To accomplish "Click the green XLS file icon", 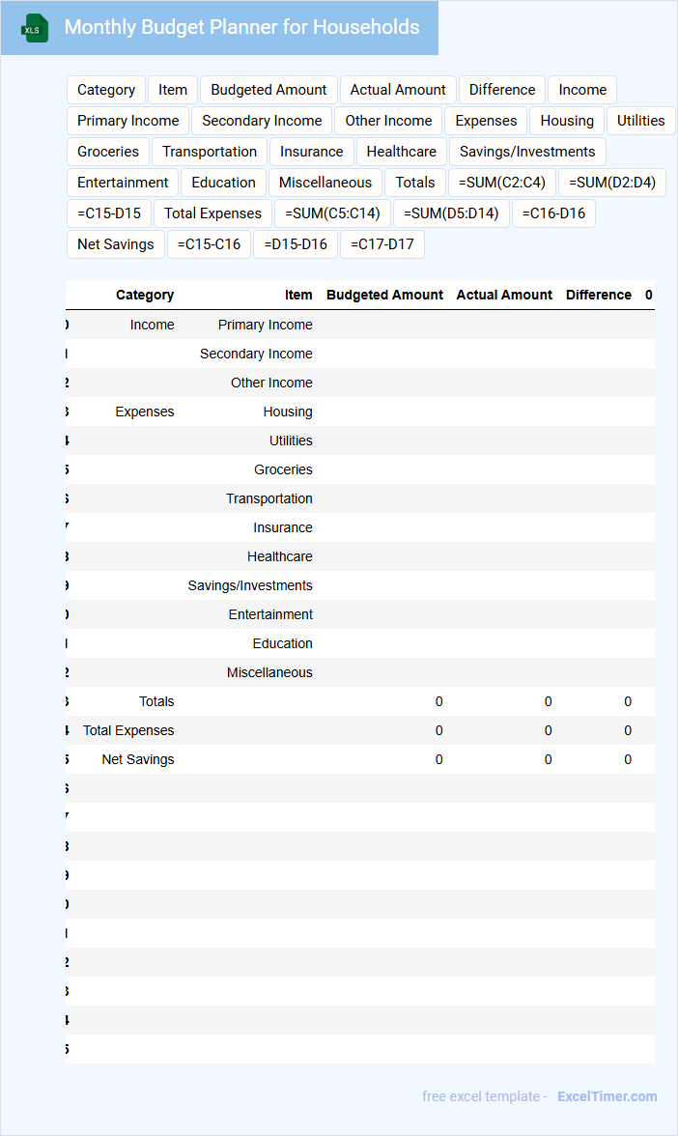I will (36, 28).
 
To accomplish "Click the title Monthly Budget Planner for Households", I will (241, 27).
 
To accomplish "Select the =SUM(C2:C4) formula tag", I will (501, 183).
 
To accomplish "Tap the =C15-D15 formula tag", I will (109, 213).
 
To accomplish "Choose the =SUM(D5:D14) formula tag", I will (451, 213).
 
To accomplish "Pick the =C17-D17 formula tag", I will (382, 244).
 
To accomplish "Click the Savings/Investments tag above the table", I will (527, 152).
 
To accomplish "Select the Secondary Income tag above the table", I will (262, 121).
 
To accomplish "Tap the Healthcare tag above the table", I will (401, 152).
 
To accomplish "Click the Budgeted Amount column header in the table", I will (384, 295).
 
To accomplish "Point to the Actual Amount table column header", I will (504, 295).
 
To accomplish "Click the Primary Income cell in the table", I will (265, 325).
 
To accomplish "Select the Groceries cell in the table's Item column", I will (283, 469).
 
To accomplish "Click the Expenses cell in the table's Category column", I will (145, 412).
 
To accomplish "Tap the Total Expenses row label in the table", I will (128, 730).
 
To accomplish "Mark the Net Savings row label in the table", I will (138, 759).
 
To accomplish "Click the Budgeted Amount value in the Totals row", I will (438, 701).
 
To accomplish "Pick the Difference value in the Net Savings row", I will (628, 759).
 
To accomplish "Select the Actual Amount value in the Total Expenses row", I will (548, 730).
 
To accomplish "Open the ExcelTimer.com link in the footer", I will (607, 1096).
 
